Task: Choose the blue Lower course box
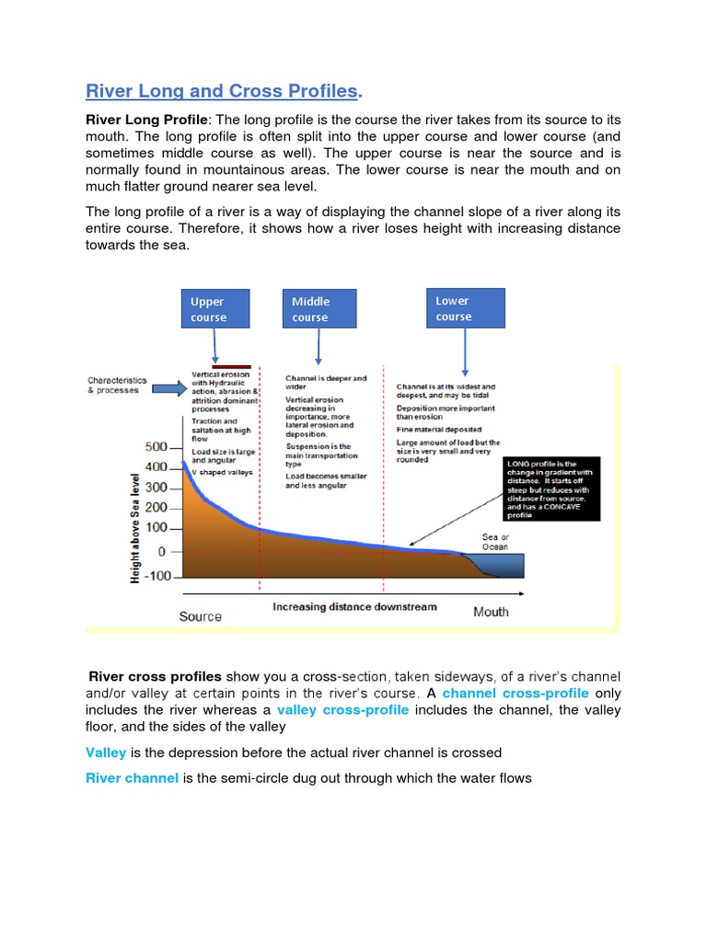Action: coord(466,308)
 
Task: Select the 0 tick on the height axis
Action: coord(162,551)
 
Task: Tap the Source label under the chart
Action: coord(200,616)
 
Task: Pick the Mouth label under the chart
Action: coord(491,612)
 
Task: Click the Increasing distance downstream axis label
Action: coord(354,607)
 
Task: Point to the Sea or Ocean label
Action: coord(495,542)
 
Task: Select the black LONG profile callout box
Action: coord(549,488)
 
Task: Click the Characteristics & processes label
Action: coord(113,385)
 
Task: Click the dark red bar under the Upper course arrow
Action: coord(230,366)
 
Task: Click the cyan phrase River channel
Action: coord(132,778)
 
